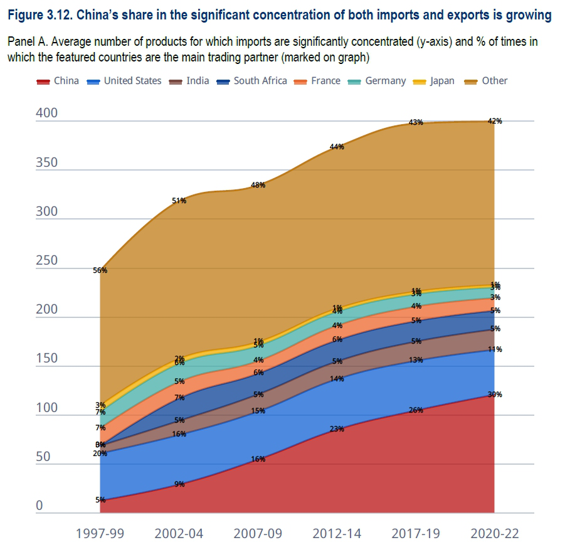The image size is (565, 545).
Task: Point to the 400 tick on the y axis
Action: point(47,114)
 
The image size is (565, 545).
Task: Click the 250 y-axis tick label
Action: point(47,261)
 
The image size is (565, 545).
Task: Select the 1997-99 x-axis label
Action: point(100,534)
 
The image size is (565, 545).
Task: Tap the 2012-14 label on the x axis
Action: point(337,534)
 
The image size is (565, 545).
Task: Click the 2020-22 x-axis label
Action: point(495,534)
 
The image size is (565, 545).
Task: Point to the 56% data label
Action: point(100,270)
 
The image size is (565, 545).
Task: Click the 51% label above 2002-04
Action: point(179,201)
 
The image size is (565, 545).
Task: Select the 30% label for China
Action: point(495,394)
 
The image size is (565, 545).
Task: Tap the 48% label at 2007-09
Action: point(258,185)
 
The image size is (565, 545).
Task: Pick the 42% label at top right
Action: point(495,121)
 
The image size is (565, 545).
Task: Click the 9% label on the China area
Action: point(179,484)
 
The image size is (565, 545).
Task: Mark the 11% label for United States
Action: point(495,349)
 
